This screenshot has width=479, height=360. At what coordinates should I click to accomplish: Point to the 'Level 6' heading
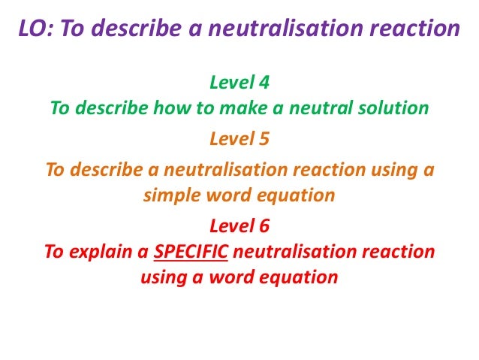[239, 225]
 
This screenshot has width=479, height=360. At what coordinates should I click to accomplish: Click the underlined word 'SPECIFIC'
[191, 252]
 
